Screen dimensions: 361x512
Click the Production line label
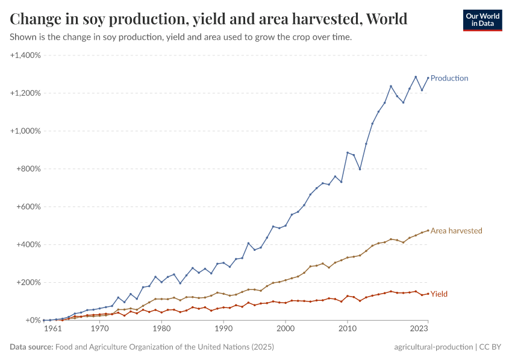click(x=449, y=78)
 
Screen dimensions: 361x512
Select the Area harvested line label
click(x=456, y=230)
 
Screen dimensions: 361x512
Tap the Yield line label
click(x=439, y=294)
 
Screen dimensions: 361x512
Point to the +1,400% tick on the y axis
click(x=25, y=55)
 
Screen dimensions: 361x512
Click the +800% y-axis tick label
click(x=28, y=169)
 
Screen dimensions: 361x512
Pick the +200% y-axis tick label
click(x=28, y=282)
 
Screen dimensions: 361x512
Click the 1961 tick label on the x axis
click(x=53, y=330)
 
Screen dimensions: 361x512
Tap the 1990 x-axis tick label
click(x=223, y=330)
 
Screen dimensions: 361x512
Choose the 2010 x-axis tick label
click(x=347, y=330)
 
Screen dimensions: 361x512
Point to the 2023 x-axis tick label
click(x=419, y=330)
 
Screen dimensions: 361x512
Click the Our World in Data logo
click(x=482, y=20)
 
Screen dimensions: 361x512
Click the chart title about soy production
click(x=208, y=19)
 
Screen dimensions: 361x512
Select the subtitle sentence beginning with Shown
click(x=181, y=37)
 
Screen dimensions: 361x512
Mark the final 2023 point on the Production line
click(x=428, y=78)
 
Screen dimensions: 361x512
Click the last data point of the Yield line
click(x=428, y=294)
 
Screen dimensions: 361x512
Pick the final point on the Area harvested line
click(x=428, y=230)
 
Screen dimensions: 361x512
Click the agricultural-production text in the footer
click(x=433, y=347)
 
